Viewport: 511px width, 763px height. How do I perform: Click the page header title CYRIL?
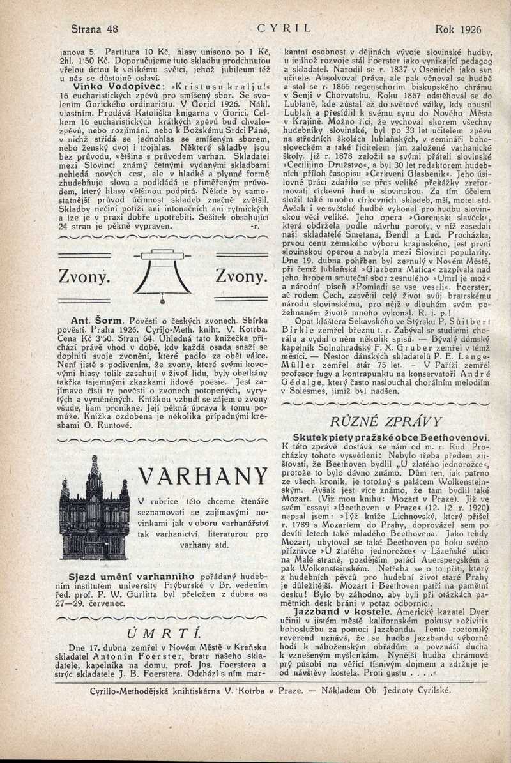click(283, 29)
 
